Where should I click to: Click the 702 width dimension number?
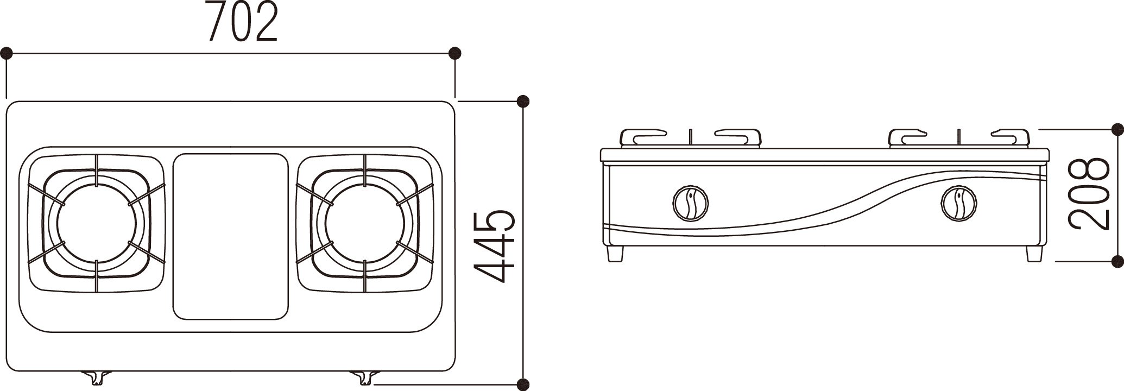point(243,23)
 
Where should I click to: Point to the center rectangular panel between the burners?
point(230,244)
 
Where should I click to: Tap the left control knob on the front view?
point(690,204)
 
